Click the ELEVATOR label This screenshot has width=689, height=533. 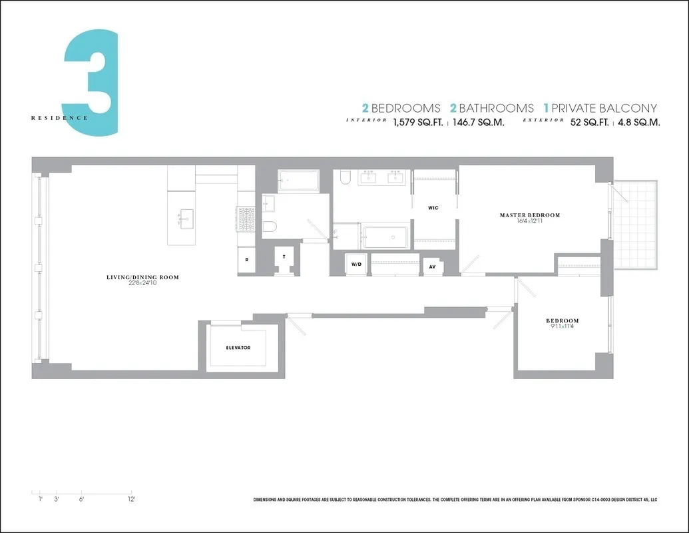[x=238, y=348]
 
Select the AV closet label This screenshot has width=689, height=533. [x=433, y=266]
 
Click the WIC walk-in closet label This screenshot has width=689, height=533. [x=433, y=208]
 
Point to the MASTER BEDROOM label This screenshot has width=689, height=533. [x=530, y=215]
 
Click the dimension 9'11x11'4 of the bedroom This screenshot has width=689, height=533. [x=563, y=327]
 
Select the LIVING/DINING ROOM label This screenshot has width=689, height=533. [x=142, y=277]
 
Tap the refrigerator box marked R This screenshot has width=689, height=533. [x=246, y=260]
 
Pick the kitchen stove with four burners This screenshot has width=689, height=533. [x=246, y=218]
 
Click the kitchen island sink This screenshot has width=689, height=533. [x=185, y=216]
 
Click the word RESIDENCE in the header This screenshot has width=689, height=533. [x=59, y=118]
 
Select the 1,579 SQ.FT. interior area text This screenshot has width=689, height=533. [x=417, y=123]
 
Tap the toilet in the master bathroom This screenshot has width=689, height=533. [x=345, y=177]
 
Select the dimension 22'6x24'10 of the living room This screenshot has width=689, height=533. [x=142, y=284]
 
